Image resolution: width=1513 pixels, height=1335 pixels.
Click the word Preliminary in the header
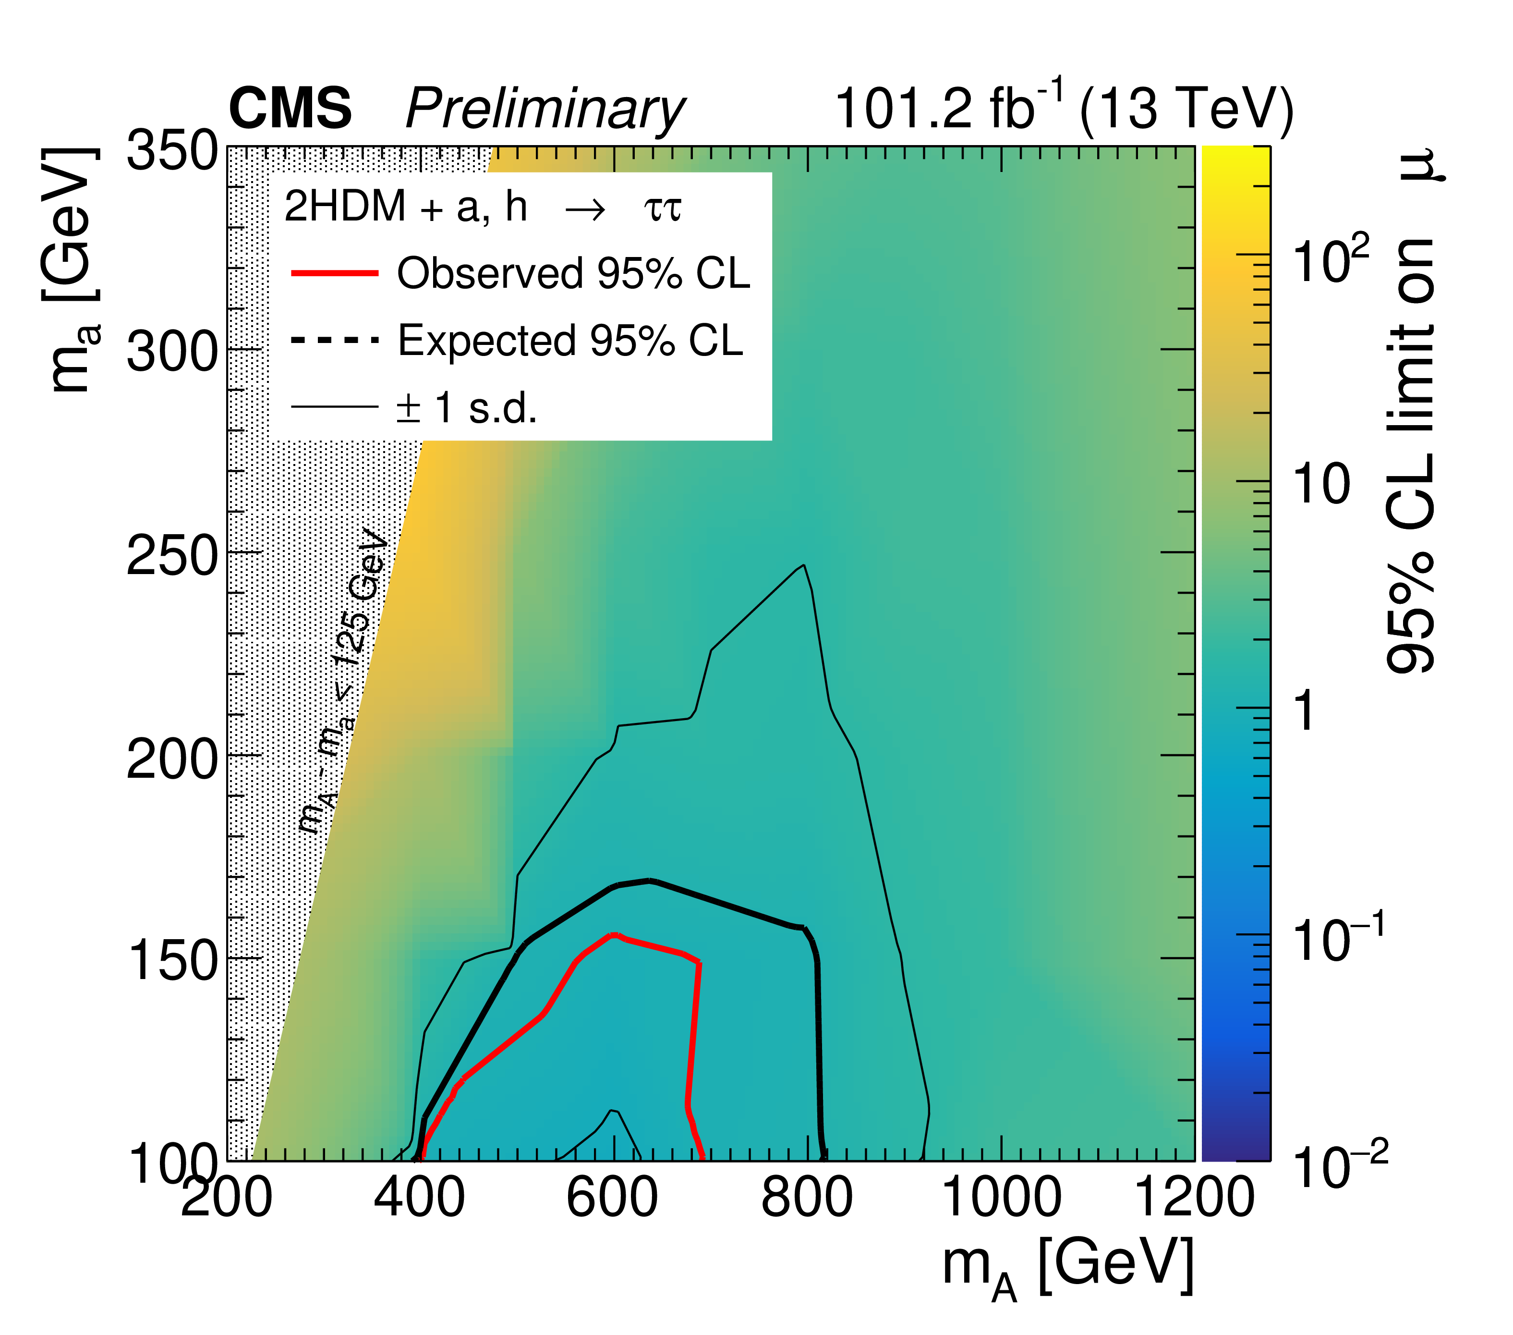[x=545, y=110]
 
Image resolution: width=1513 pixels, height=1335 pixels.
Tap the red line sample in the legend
[x=335, y=273]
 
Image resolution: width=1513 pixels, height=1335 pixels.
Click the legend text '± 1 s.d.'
[x=466, y=407]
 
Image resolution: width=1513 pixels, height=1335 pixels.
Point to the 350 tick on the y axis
[x=172, y=152]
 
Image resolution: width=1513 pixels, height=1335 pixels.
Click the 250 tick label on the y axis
[x=172, y=556]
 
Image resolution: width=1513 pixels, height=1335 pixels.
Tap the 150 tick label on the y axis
[x=172, y=961]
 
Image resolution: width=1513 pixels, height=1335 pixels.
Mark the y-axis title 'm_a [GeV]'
[x=72, y=270]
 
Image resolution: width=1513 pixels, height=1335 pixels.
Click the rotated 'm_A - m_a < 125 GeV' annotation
[x=344, y=681]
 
